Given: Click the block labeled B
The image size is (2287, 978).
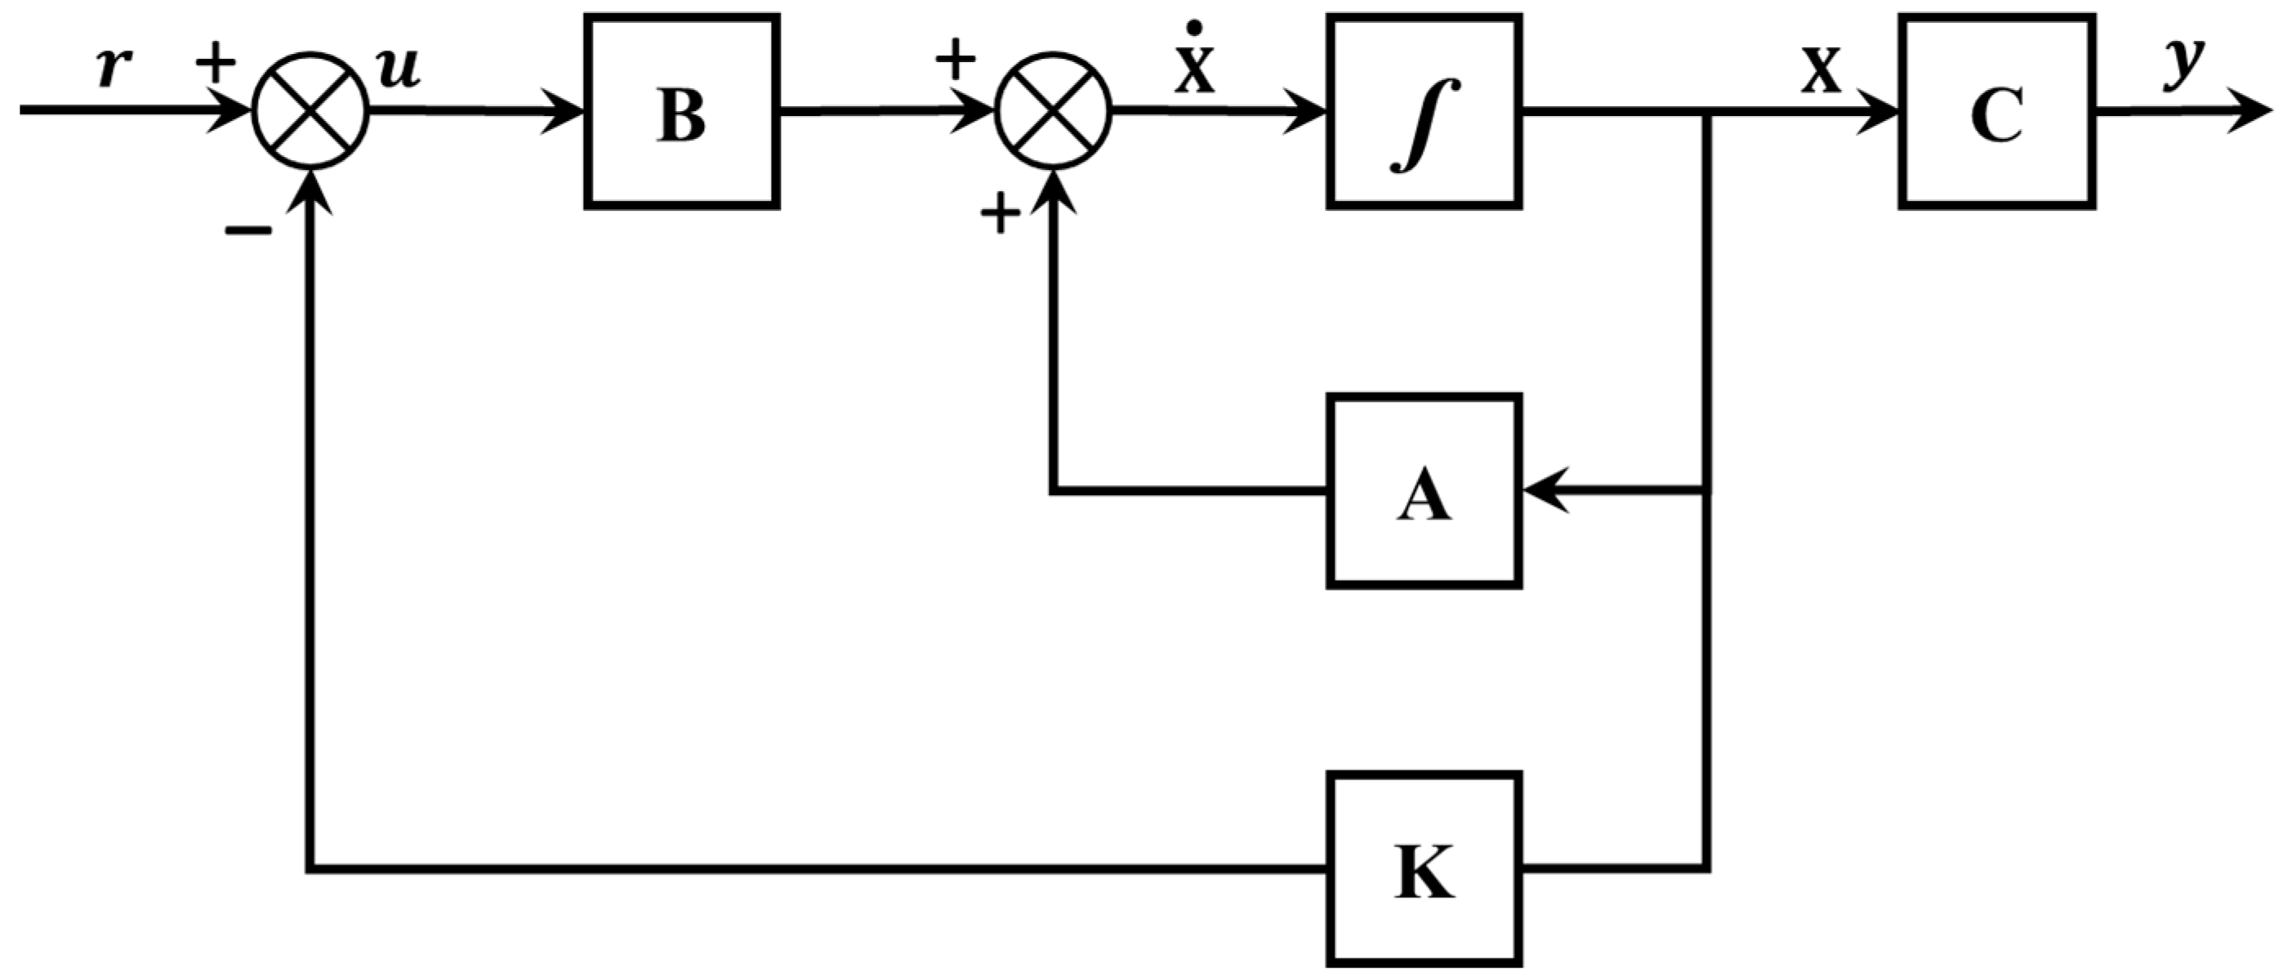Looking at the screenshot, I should [682, 112].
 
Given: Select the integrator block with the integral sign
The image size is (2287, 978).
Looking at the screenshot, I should [1424, 112].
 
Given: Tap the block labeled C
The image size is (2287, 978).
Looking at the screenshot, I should [1998, 112].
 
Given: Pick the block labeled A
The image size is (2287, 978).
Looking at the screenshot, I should [1424, 491].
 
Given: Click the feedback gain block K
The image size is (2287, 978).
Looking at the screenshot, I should [1424, 869].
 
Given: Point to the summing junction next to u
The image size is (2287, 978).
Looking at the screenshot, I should [310, 111].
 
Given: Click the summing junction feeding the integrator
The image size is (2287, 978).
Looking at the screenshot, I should [1053, 111].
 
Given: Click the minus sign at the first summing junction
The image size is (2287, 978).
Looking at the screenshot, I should [247, 232].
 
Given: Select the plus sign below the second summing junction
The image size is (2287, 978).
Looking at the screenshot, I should [1000, 214].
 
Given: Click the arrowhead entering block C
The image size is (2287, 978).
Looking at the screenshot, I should [1880, 112].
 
